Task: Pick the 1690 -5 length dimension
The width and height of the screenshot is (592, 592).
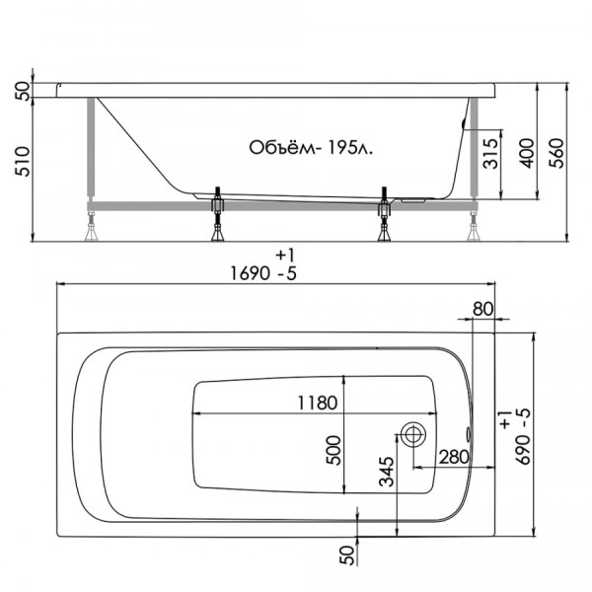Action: point(259,273)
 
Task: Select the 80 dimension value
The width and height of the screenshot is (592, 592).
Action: point(482,309)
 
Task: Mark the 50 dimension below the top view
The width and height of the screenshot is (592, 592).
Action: point(347,555)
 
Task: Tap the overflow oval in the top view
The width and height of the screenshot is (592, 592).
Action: point(468,433)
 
